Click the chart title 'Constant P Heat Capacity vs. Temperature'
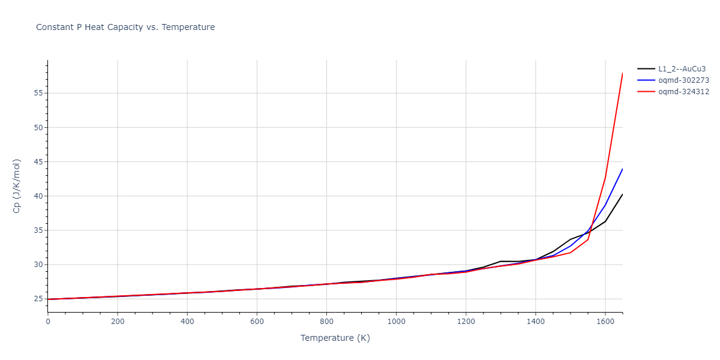pyautogui.click(x=125, y=27)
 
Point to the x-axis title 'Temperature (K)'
pyautogui.click(x=335, y=338)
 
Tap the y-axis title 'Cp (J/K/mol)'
pyautogui.click(x=17, y=186)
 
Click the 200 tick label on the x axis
pyautogui.click(x=118, y=322)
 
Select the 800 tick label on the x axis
pyautogui.click(x=326, y=322)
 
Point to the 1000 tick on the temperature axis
pyautogui.click(x=396, y=322)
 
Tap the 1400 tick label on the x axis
pyautogui.click(x=535, y=322)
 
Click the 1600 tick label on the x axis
pyautogui.click(x=605, y=322)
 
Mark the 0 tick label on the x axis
pyautogui.click(x=48, y=322)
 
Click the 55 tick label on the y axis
pyautogui.click(x=38, y=93)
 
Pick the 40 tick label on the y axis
pyautogui.click(x=38, y=196)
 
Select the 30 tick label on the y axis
pyautogui.click(x=38, y=265)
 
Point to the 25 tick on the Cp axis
pyautogui.click(x=38, y=299)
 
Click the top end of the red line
pyautogui.click(x=622, y=73)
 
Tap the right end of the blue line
pyautogui.click(x=622, y=169)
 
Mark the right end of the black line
pyautogui.click(x=622, y=194)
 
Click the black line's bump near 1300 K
pyautogui.click(x=500, y=261)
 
